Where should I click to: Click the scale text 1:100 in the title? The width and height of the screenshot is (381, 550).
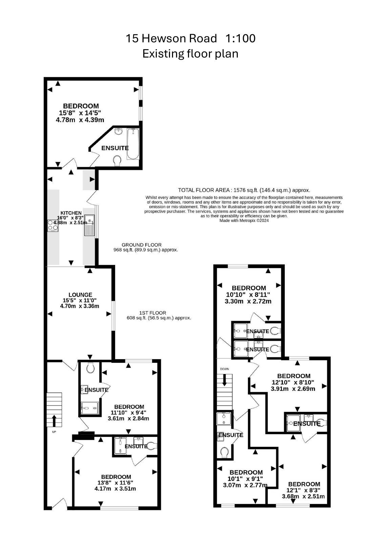[240, 38]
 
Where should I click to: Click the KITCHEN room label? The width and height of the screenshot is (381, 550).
[71, 213]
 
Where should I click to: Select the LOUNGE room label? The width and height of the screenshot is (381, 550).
[80, 295]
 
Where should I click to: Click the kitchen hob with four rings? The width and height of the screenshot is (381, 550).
[53, 226]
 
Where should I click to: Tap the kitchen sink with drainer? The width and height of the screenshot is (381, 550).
[90, 225]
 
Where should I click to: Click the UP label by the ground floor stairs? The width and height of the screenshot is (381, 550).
[54, 432]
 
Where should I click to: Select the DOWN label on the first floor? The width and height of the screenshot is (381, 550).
[225, 369]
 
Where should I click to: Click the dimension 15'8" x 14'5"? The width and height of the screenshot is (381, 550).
[80, 113]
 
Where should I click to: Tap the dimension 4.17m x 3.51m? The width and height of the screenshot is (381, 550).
[115, 488]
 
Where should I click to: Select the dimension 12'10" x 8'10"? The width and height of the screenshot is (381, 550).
[293, 382]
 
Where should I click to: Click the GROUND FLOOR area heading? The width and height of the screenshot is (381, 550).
[142, 245]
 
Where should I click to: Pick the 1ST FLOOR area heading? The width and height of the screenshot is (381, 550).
[152, 313]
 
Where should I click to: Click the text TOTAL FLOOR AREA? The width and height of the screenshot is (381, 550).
[204, 190]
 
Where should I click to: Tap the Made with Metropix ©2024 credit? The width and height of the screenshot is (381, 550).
[244, 220]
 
